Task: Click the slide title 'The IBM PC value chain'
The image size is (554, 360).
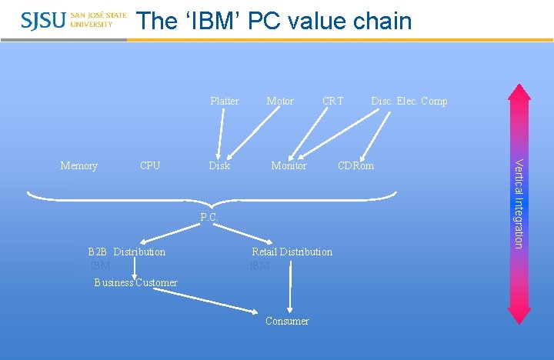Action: click(x=274, y=21)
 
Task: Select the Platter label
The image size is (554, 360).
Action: click(x=225, y=101)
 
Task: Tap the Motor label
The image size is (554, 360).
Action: click(x=279, y=101)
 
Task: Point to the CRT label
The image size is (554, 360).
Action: click(x=333, y=101)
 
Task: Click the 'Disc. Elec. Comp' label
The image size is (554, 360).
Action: click(x=409, y=101)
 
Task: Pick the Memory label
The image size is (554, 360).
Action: click(x=78, y=165)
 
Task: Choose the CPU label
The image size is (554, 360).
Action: click(x=150, y=165)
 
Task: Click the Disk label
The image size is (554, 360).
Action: click(x=219, y=165)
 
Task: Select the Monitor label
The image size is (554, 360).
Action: click(x=289, y=165)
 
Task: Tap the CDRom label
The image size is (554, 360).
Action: click(x=355, y=165)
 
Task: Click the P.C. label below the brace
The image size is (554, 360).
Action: click(x=209, y=218)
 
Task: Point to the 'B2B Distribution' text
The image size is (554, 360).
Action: click(x=127, y=252)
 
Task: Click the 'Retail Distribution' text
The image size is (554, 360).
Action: click(x=292, y=252)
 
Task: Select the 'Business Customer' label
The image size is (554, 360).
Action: click(x=135, y=282)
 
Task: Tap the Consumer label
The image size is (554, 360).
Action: click(x=287, y=321)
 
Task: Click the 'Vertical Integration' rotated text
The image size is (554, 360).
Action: click(x=519, y=203)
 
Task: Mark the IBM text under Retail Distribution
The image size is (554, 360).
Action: click(x=259, y=265)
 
